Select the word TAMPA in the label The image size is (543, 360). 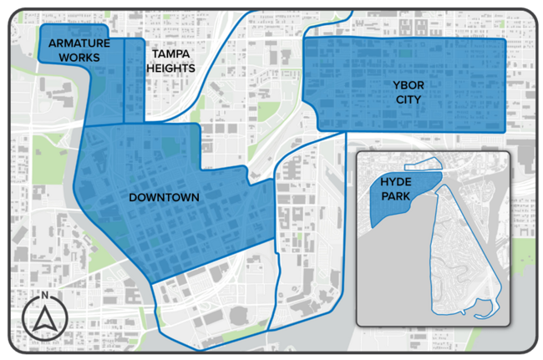click(x=167, y=53)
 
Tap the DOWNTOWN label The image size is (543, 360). click(x=164, y=198)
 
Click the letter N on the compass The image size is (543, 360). click(x=44, y=296)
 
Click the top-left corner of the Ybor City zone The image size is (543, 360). click(x=302, y=39)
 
